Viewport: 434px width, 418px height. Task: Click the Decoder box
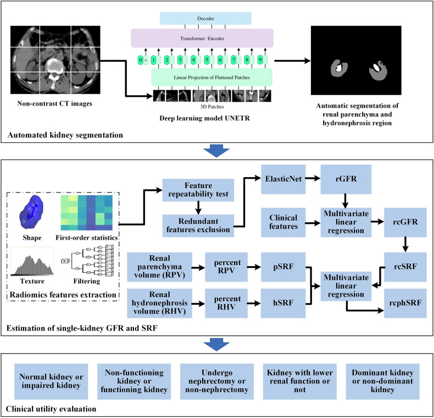[213, 18]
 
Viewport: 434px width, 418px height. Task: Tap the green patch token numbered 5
[207, 59]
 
